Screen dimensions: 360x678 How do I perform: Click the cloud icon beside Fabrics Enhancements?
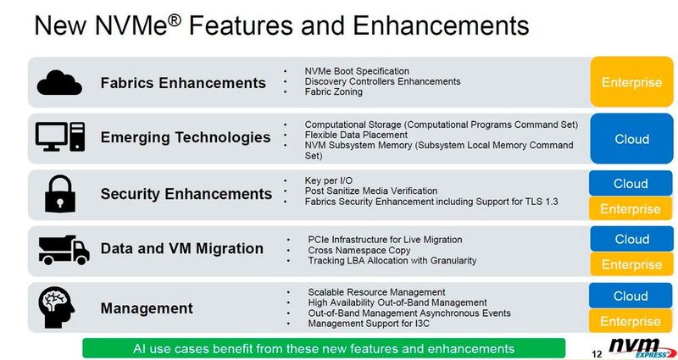coord(59,82)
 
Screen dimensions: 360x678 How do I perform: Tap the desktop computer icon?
coord(59,136)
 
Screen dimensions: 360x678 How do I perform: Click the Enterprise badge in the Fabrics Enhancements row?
coord(631,82)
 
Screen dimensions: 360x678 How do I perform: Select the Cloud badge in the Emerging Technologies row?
coord(631,139)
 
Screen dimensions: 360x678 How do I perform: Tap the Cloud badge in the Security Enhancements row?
coord(631,184)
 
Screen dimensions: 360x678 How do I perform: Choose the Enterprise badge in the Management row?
coord(631,321)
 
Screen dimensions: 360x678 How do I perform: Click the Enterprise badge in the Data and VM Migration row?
coord(631,264)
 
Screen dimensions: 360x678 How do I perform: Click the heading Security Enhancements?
coord(186,194)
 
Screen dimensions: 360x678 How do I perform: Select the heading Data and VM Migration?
coord(181,249)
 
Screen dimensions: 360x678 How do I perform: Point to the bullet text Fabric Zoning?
coord(333,92)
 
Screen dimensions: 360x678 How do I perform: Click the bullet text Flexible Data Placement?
coord(356,135)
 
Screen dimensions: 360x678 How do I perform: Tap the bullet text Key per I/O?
coord(330,180)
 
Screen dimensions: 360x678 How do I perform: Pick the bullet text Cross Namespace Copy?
coord(358,250)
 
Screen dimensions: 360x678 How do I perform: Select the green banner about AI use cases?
coord(324,348)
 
